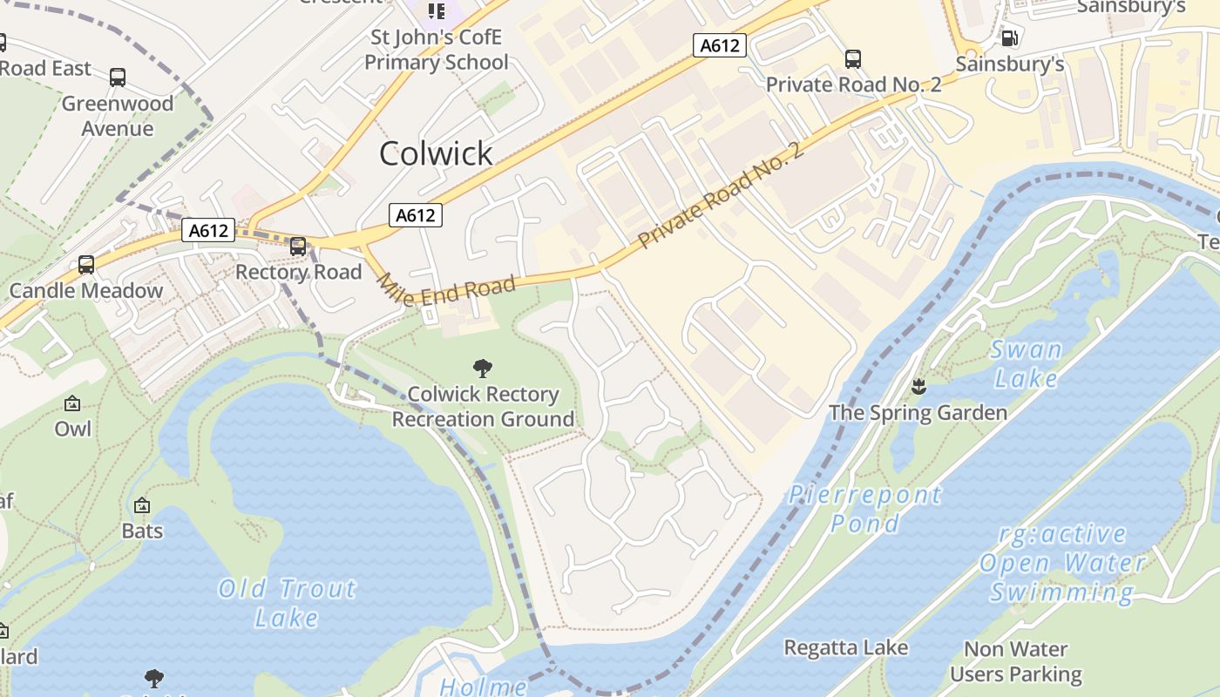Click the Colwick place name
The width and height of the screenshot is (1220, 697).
(436, 153)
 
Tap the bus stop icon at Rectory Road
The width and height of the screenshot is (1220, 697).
(298, 247)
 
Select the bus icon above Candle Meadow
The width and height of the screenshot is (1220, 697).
(86, 265)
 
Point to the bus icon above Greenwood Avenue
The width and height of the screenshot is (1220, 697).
(118, 78)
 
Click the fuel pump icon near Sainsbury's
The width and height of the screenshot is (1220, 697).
(1010, 37)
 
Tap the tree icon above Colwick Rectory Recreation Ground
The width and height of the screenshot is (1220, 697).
(483, 369)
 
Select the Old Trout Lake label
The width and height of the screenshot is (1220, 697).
(287, 603)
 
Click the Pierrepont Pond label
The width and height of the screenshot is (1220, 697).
(864, 509)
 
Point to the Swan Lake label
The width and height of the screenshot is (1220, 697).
(1027, 364)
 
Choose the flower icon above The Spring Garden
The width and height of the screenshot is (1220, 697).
(918, 386)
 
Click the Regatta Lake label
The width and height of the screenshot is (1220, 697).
(845, 648)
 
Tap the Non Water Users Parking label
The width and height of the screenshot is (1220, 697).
(1016, 661)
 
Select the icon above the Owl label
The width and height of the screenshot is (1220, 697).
(72, 403)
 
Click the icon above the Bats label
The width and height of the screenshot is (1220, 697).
(141, 505)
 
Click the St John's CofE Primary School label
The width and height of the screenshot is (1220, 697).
(437, 50)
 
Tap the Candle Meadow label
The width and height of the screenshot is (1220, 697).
(86, 291)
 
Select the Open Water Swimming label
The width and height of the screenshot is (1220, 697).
(1061, 563)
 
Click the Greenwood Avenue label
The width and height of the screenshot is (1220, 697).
(118, 116)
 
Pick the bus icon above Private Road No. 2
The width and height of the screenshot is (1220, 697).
(853, 59)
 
